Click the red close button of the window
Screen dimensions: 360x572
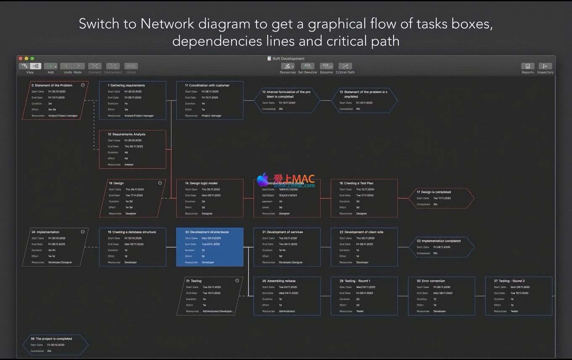coord(20,58)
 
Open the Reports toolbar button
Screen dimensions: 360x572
coord(527,66)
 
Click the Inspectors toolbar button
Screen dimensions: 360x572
coord(545,66)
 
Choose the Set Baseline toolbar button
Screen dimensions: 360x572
coord(307,66)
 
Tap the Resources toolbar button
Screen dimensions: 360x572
coord(287,66)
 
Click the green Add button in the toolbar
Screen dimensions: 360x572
coord(50,66)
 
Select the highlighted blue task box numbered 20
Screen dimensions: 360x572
coord(209,247)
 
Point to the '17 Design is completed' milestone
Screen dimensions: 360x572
coord(441,198)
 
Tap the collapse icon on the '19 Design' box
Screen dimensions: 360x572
coord(160,183)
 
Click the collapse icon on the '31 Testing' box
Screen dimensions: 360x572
coord(237,281)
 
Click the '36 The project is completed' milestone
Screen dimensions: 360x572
coord(55,345)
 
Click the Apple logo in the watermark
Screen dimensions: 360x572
coord(263,180)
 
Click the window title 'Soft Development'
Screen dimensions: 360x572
coord(289,58)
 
